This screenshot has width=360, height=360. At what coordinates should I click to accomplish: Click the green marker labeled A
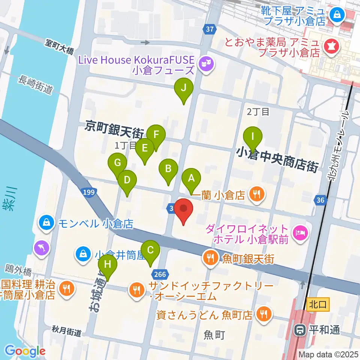191,179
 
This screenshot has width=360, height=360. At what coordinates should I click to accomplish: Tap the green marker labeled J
184,88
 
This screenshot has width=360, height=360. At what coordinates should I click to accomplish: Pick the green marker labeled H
108,265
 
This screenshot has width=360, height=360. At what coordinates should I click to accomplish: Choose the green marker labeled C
151,250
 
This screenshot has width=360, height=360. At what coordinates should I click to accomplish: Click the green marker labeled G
117,163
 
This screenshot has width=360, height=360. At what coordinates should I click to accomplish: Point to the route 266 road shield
160,274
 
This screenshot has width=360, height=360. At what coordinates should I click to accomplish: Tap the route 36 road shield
320,201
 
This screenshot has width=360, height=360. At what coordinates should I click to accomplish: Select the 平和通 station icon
300,330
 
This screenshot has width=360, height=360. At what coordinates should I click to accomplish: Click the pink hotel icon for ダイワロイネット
301,233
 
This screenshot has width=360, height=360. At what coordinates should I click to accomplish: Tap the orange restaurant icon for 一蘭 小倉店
257,194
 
